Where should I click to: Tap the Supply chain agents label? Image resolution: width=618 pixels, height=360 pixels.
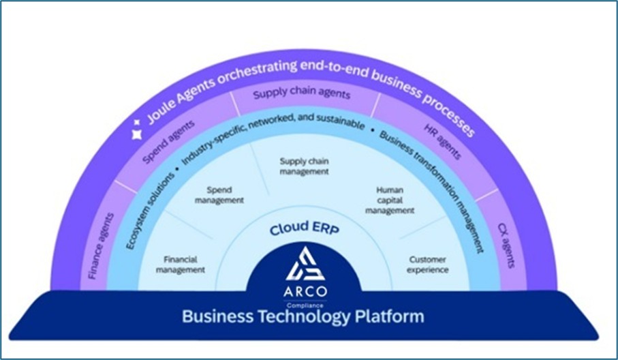[x=302, y=94]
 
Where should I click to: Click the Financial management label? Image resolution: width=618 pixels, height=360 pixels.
[x=180, y=264]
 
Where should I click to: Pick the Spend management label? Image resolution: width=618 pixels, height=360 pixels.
[x=219, y=196]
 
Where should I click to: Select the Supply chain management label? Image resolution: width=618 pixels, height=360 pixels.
[x=305, y=166]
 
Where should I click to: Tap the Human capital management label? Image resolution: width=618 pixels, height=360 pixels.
[x=390, y=200]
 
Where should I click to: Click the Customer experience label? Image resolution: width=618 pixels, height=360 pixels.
[x=428, y=264]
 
